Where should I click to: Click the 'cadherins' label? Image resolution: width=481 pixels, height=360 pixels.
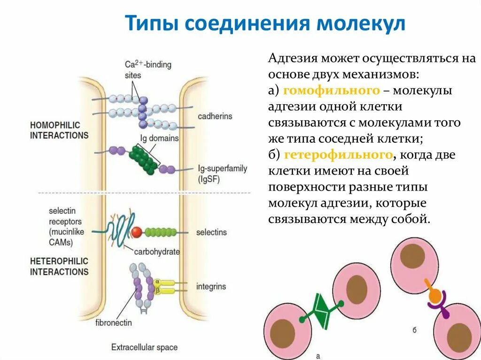[x=215, y=116]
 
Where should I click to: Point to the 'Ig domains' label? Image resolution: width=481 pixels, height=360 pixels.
[x=159, y=138]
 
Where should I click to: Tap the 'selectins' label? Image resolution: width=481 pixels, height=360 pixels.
[x=211, y=232]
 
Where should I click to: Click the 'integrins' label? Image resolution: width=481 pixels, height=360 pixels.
[x=211, y=286]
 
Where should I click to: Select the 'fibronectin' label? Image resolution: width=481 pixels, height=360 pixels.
[x=114, y=323]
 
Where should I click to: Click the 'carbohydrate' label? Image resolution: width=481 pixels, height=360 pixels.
[x=157, y=252]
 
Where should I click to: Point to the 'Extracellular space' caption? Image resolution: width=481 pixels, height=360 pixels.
[x=144, y=348]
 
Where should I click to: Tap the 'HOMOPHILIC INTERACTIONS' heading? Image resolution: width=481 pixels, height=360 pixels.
[x=59, y=130]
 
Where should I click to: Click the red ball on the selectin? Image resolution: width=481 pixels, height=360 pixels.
[x=137, y=232]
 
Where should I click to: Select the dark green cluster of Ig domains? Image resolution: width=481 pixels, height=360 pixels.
[x=144, y=159]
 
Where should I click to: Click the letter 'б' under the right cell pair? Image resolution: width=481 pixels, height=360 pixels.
[x=415, y=330]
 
